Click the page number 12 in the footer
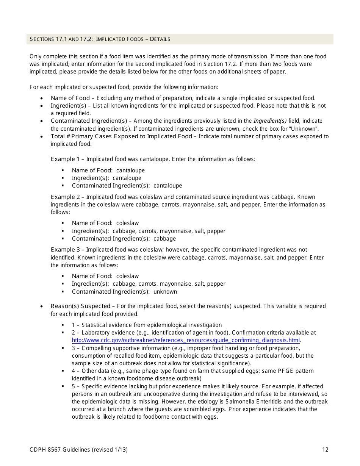point(325,450)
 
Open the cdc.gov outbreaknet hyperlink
point(186,340)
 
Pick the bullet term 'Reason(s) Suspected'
point(80,306)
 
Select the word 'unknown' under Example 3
point(165,292)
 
